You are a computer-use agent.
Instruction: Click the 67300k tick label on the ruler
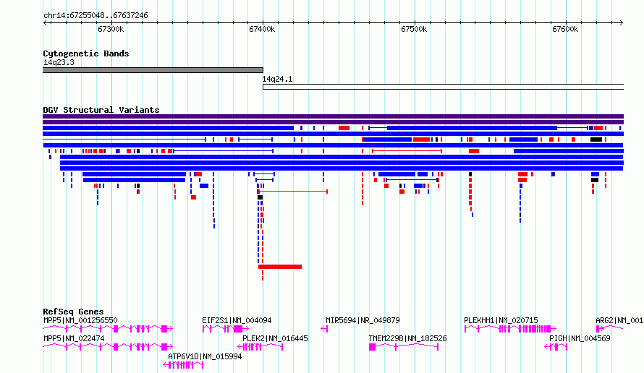pos(111,29)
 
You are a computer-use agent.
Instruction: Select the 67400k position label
pos(262,29)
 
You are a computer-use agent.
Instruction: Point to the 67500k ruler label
pos(414,29)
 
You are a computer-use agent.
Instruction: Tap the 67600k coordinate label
pos(565,29)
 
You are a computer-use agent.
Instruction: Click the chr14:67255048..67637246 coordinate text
pos(96,16)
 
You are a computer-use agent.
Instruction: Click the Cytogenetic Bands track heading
pos(86,53)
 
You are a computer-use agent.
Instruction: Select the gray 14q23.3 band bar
pos(153,70)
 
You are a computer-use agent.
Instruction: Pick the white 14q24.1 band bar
pos(443,87)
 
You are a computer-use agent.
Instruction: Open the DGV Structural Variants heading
pos(101,110)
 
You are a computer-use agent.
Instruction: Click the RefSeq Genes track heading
pos(73,312)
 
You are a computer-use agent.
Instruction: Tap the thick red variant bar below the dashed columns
pos(280,267)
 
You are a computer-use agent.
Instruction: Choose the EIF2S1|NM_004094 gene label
pos(237,320)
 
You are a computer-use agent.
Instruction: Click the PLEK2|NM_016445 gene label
pos(275,338)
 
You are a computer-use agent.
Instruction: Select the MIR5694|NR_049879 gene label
pos(363,320)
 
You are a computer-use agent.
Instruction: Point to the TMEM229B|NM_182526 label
pos(407,338)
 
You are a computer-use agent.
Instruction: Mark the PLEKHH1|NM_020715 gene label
pos(501,320)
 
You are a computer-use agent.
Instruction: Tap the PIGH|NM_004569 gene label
pos(580,338)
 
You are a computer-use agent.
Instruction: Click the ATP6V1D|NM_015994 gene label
pos(205,356)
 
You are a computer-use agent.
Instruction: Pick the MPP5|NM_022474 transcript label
pos(74,338)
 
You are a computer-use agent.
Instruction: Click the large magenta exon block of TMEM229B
pos(372,347)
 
